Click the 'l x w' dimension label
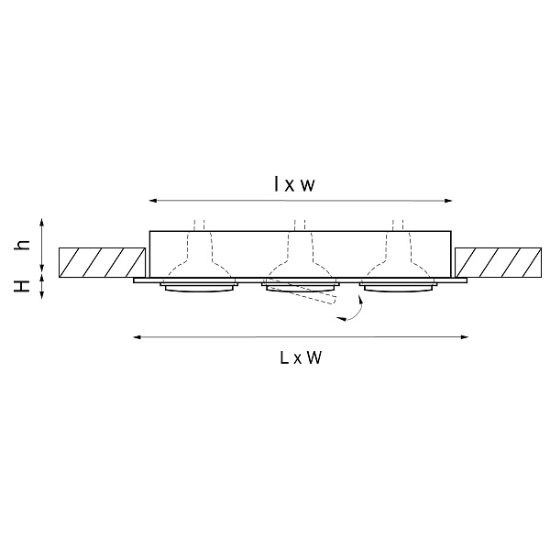[x=294, y=184]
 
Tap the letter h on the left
[x=22, y=245]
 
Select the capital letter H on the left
[x=22, y=286]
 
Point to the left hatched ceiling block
[x=102, y=262]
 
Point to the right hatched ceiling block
[x=498, y=262]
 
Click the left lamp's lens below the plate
[x=199, y=288]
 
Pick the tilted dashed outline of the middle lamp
[x=301, y=291]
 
